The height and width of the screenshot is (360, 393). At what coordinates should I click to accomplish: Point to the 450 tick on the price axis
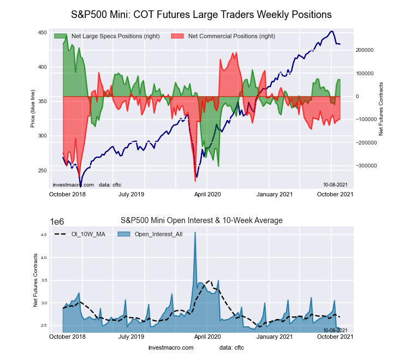pyautogui.click(x=41, y=33)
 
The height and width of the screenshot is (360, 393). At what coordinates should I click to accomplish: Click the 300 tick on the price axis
pyautogui.click(x=41, y=136)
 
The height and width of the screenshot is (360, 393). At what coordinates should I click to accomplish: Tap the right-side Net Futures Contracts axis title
pyautogui.click(x=381, y=109)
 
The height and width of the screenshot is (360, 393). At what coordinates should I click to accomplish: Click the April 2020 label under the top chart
pyautogui.click(x=206, y=194)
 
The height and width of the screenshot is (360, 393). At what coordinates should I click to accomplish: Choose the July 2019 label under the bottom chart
pyautogui.click(x=131, y=337)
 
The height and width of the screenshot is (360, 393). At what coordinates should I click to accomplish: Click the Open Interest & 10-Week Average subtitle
pyautogui.click(x=201, y=220)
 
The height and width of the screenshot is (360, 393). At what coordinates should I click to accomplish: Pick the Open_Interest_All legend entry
pyautogui.click(x=151, y=234)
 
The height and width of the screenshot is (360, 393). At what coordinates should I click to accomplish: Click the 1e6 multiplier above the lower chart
pyautogui.click(x=57, y=221)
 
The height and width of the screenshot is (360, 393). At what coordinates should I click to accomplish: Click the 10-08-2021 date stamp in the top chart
pyautogui.click(x=334, y=185)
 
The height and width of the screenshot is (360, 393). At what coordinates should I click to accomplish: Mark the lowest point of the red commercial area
pyautogui.click(x=195, y=181)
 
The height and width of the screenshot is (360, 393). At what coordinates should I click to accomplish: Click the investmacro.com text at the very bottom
pyautogui.click(x=171, y=347)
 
